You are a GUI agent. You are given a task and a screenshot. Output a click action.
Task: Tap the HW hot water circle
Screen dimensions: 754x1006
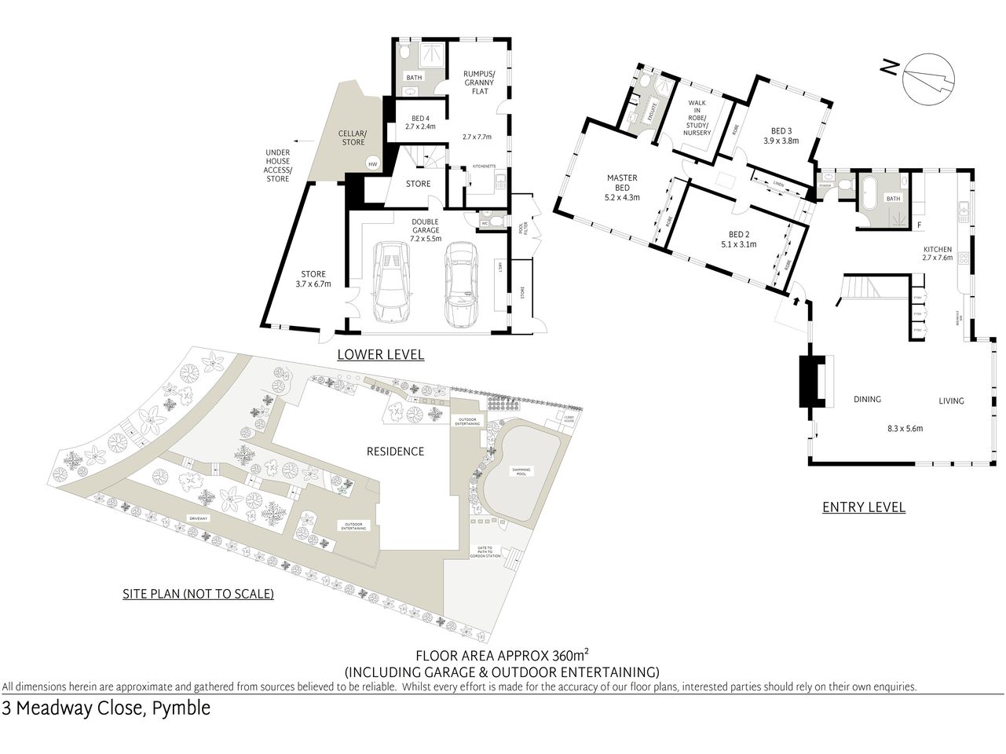tap(372, 163)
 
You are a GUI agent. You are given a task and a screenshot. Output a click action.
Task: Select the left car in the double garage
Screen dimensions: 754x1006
tap(390, 283)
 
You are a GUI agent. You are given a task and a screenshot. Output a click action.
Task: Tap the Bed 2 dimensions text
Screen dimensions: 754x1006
tap(737, 244)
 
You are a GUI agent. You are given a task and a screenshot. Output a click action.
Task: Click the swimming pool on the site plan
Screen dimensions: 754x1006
tap(521, 472)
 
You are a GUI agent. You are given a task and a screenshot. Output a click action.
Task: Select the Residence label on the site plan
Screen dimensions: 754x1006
tap(395, 451)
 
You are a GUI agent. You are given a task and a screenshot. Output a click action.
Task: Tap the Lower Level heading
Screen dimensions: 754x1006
tap(380, 354)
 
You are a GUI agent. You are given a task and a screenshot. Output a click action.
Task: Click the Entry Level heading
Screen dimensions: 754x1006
tap(863, 507)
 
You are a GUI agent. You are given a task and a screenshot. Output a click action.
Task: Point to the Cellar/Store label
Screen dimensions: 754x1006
tap(352, 137)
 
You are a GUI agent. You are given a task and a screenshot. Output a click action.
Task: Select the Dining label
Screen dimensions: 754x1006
tap(867, 399)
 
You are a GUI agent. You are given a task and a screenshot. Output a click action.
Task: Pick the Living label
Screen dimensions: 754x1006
tap(951, 401)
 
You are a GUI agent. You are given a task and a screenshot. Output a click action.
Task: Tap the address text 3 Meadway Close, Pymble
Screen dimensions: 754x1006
tap(107, 708)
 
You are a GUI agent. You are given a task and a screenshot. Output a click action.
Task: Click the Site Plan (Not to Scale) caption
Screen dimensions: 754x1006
tap(198, 594)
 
